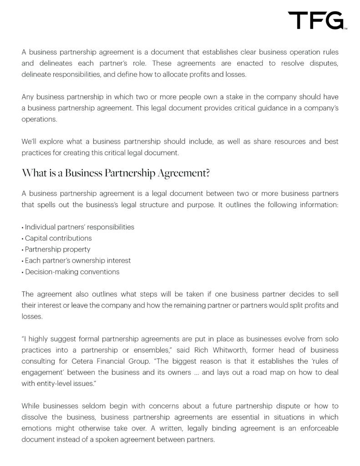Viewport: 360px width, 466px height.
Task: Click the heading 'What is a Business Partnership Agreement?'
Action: pos(115,173)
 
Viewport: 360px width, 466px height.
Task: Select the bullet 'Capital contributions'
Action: pos(58,238)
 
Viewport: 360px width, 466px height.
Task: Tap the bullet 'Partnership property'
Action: pos(57,249)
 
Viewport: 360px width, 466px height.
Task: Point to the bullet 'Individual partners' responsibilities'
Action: pos(79,227)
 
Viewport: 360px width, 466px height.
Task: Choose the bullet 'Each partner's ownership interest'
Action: pos(77,261)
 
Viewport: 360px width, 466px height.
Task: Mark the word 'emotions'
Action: pos(38,428)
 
